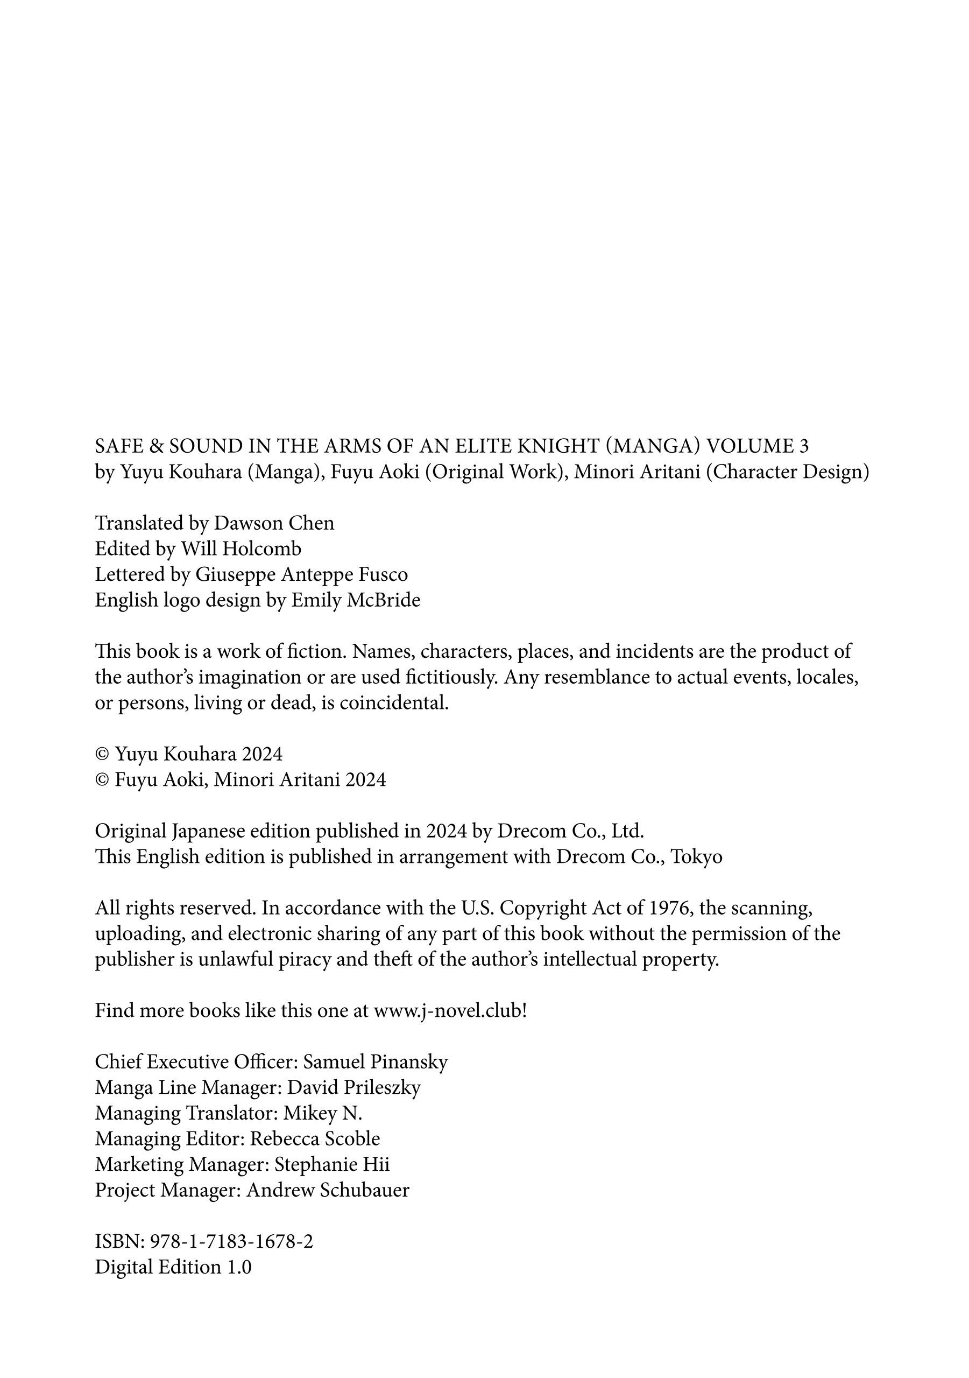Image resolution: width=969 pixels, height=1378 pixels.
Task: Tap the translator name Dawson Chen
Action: click(x=274, y=523)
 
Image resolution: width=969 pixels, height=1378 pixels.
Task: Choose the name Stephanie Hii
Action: click(x=332, y=1164)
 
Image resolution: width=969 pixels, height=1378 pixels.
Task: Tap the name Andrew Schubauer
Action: click(x=328, y=1190)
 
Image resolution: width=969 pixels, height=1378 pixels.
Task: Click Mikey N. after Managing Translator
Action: click(x=322, y=1113)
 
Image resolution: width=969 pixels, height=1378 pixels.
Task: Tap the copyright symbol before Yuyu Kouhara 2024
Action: click(x=102, y=754)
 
